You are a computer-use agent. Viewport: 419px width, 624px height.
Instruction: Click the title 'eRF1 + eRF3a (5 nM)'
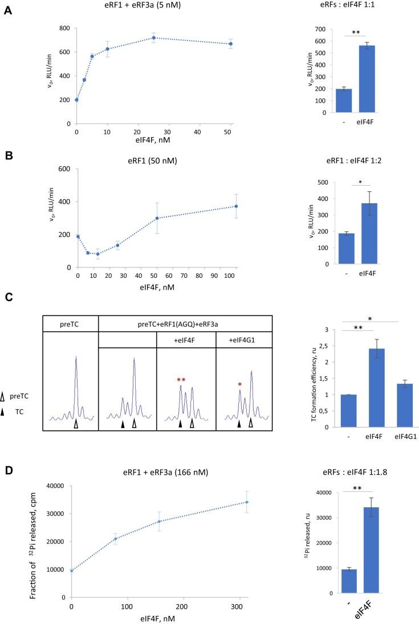click(154, 6)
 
